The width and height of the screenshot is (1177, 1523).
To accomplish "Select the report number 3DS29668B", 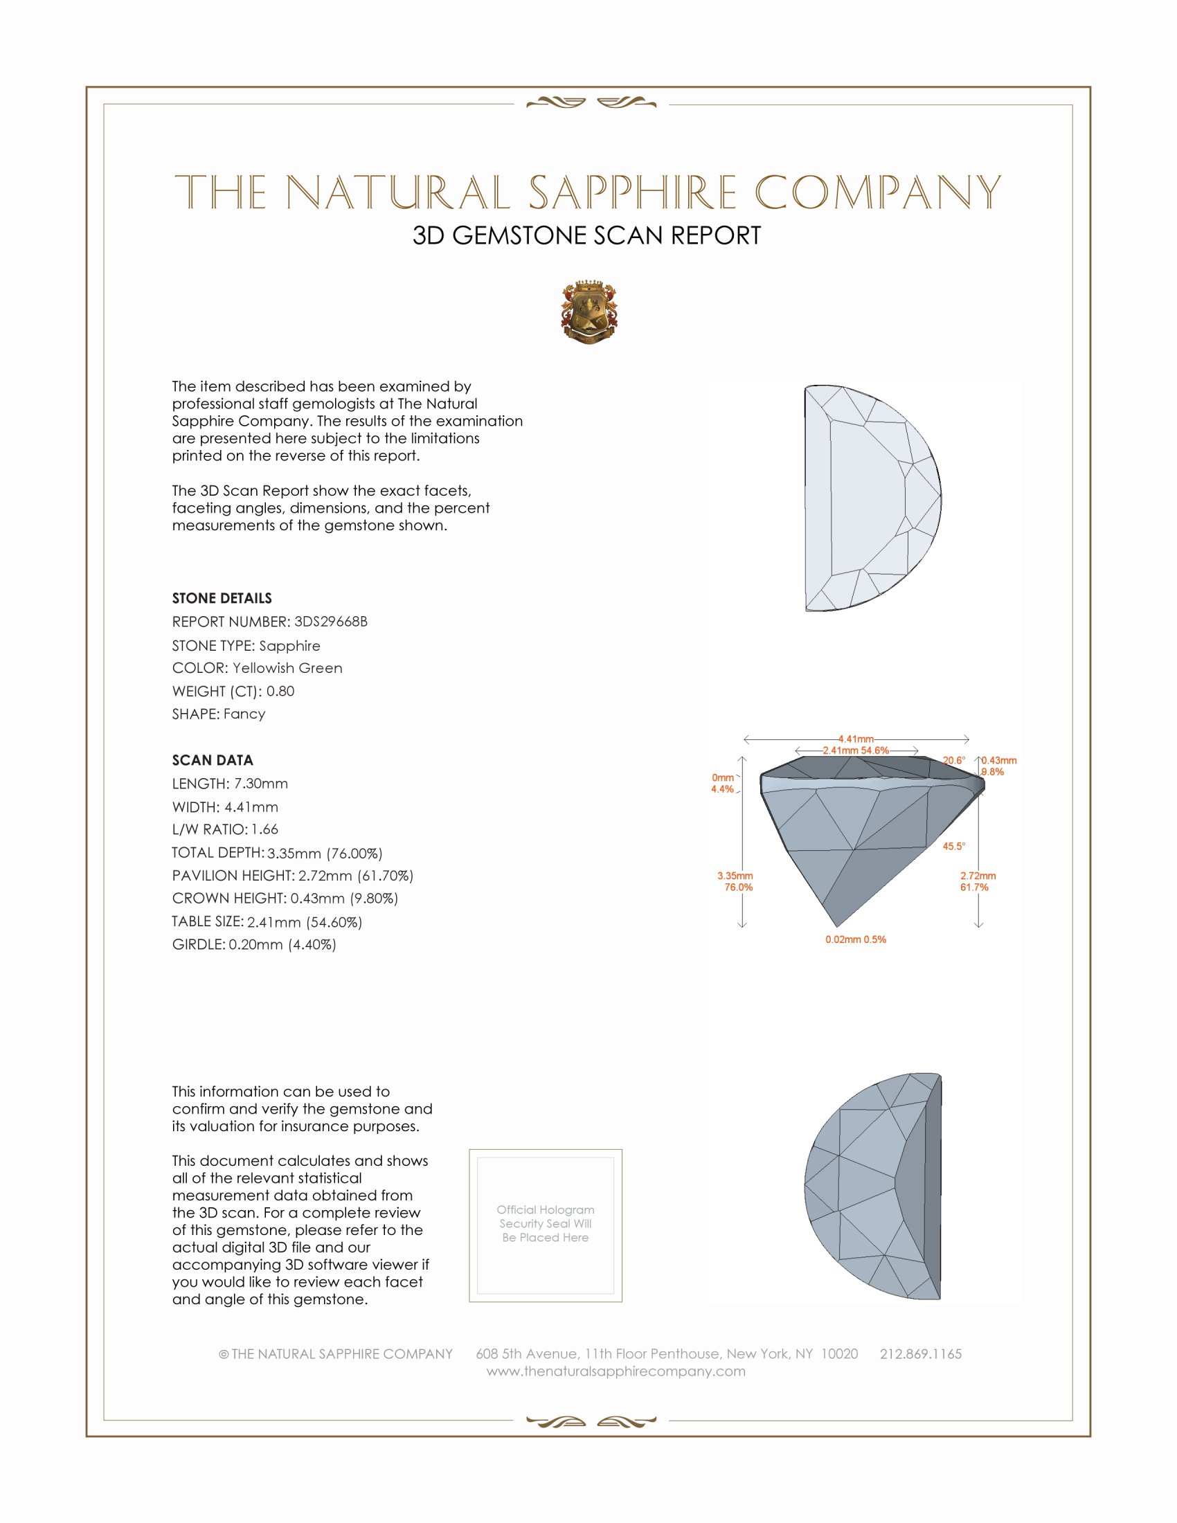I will pos(330,622).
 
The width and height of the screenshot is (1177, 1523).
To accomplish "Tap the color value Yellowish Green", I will pos(287,668).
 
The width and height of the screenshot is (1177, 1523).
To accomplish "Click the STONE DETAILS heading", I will pos(222,598).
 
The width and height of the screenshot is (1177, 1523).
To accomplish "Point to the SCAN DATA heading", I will pos(213,760).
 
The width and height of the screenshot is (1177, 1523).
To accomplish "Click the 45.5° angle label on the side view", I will pos(954,846).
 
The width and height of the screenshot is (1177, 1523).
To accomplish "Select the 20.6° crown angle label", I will pos(954,760).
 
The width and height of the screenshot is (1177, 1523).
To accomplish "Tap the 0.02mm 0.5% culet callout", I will pos(856,939).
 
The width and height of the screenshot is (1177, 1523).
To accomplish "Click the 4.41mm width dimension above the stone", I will pos(856,739).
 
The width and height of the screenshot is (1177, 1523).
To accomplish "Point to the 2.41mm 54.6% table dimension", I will pos(856,750).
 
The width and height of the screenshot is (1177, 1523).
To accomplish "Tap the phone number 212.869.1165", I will pos(920,1353).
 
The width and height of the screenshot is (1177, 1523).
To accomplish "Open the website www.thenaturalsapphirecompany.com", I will pos(616,1371).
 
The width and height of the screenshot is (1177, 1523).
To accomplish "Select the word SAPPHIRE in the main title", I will pos(632,192).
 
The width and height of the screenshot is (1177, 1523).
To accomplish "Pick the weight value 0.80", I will pos(280,691).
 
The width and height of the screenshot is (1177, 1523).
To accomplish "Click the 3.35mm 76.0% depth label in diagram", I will pos(735,881).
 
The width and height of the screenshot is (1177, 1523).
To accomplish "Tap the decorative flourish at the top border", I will pos(591,103).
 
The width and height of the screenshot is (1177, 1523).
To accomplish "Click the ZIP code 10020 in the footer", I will pos(840,1353).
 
